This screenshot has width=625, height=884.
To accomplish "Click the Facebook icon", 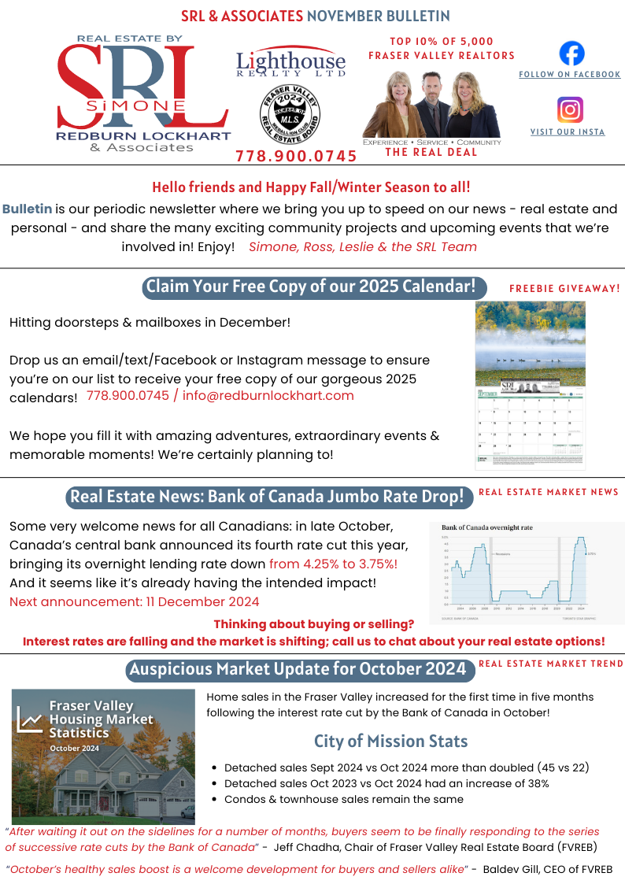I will pyautogui.click(x=571, y=54).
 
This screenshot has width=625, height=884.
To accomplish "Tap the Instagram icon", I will pyautogui.click(x=569, y=109).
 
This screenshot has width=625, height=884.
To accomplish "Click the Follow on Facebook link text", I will pyautogui.click(x=569, y=75).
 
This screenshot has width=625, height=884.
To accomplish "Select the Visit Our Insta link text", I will pyautogui.click(x=568, y=132).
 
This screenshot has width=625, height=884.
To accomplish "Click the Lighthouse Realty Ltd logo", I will pyautogui.click(x=290, y=62).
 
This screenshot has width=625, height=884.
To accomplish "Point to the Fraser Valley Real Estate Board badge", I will pyautogui.click(x=290, y=113).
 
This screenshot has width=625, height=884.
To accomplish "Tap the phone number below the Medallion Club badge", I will pyautogui.click(x=296, y=156).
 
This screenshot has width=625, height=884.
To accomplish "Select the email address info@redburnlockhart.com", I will pyautogui.click(x=268, y=395).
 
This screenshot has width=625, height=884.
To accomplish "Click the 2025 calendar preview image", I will pyautogui.click(x=530, y=385).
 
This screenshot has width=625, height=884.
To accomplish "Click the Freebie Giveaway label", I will pyautogui.click(x=564, y=289).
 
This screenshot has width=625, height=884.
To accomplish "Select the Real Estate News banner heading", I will pyautogui.click(x=267, y=497).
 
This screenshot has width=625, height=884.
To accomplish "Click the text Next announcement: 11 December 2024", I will pyautogui.click(x=134, y=602).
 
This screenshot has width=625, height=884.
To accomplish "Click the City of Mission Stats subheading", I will pyautogui.click(x=390, y=741).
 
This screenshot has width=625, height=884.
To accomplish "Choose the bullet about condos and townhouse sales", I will pyautogui.click(x=343, y=799).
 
